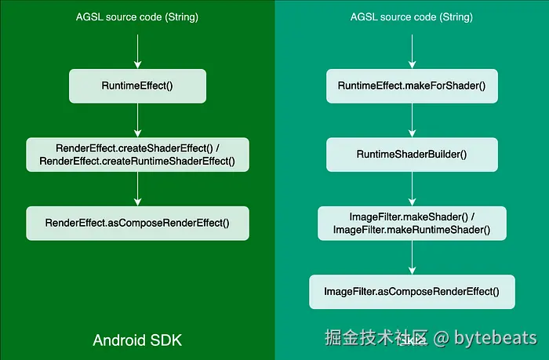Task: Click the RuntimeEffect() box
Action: point(137,85)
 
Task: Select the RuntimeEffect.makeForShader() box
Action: point(412,85)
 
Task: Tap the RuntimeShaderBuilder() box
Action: point(412,155)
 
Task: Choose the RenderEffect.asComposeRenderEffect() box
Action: point(137,223)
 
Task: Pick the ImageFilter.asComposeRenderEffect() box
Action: point(412,292)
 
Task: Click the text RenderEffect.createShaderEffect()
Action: point(137,148)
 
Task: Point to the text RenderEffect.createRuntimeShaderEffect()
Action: point(137,162)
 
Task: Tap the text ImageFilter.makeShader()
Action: point(412,216)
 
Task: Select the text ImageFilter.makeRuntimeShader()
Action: point(412,230)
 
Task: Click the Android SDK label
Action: point(137,340)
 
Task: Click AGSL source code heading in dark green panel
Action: point(137,16)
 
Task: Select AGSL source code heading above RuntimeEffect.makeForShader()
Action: point(412,16)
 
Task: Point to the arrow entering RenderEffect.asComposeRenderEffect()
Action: point(137,188)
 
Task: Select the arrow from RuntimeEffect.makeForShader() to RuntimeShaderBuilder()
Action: point(412,120)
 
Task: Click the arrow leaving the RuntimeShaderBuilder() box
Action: point(412,188)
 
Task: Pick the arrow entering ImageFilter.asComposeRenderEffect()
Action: point(412,257)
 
